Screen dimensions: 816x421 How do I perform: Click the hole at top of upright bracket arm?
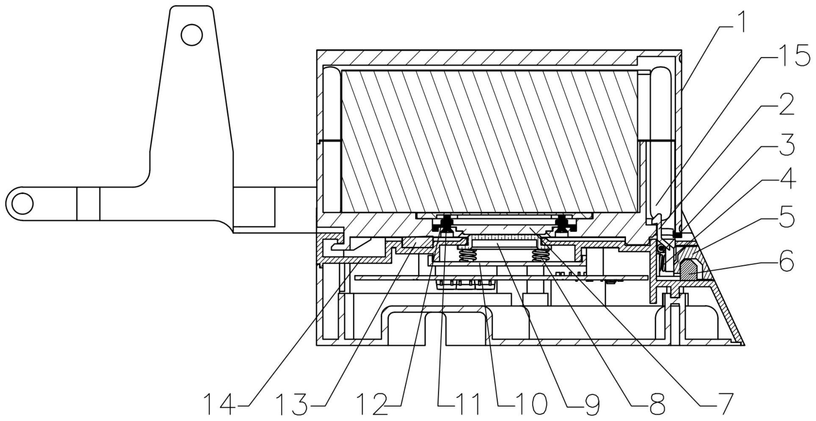coord(191,35)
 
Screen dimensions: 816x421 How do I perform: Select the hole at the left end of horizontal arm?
coord(22,204)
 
